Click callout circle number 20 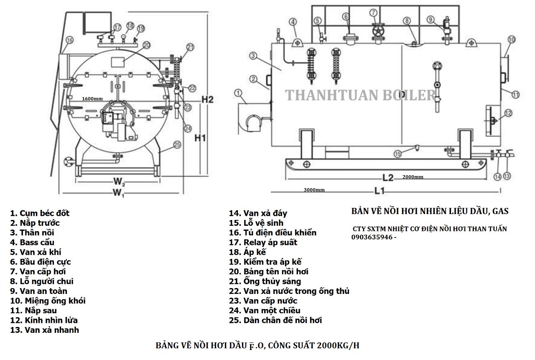[146, 45]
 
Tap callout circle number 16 [69, 40]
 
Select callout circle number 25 [177, 144]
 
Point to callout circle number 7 [373, 13]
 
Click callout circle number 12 [508, 112]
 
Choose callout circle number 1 [238, 92]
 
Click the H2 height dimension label [207, 100]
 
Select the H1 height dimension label [201, 138]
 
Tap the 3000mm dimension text [314, 190]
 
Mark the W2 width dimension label [119, 182]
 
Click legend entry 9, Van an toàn [39, 291]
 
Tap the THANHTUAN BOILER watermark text [360, 95]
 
